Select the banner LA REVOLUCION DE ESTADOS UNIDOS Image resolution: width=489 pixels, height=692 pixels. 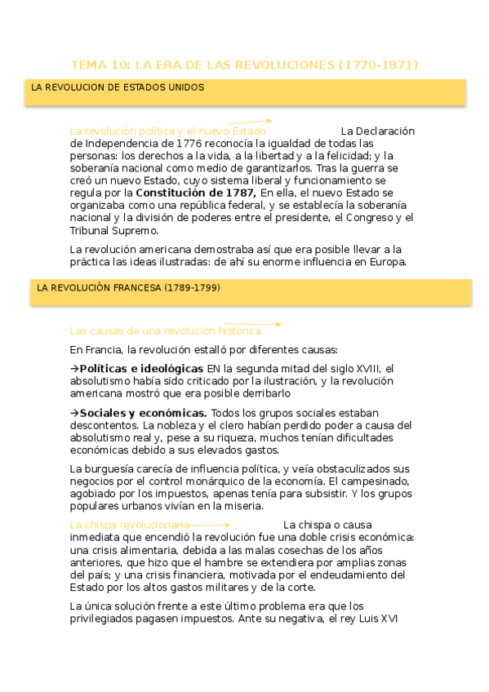(118, 87)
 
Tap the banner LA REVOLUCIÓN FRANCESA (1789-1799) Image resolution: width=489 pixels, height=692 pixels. (128, 288)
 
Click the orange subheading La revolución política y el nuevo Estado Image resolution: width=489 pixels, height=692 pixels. (167, 131)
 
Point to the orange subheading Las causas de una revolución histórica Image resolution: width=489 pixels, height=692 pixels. (165, 330)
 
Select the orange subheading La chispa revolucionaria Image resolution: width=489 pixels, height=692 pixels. (130, 525)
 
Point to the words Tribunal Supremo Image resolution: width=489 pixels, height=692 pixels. (113, 230)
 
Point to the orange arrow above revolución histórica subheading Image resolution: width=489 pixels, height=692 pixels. (253, 324)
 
